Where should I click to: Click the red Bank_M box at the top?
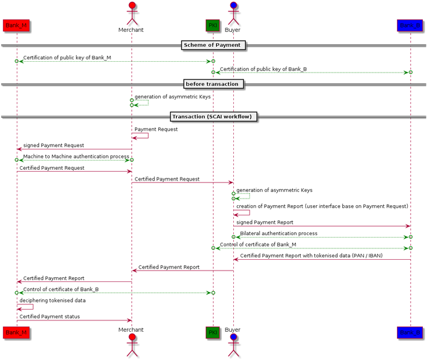pos(16,25)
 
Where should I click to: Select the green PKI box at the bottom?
pos(212,331)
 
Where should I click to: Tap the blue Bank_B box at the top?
pos(410,25)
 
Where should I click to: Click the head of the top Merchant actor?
pos(131,7)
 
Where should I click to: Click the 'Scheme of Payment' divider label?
pos(212,45)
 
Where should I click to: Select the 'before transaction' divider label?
pos(212,84)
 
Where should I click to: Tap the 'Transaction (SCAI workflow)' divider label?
pos(214,116)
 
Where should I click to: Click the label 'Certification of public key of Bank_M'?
pos(67,58)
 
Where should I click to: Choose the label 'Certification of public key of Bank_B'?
pos(263,69)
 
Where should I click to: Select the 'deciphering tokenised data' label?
pos(52,300)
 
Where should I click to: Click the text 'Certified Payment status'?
pos(49,316)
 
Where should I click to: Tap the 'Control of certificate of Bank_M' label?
pos(258,244)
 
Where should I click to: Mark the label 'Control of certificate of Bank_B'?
pos(61,289)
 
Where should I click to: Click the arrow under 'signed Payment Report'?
pos(321,226)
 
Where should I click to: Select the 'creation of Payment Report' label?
pos(322,206)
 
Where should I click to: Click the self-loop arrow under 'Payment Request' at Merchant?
pos(141,136)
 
